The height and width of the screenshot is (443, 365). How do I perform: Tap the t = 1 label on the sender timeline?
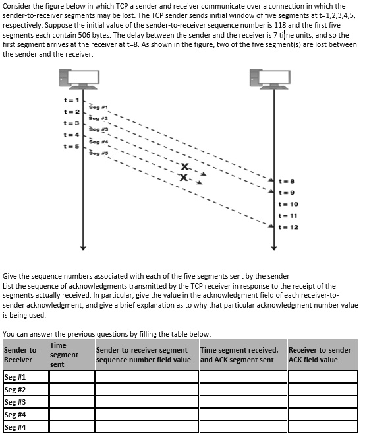click(x=70, y=100)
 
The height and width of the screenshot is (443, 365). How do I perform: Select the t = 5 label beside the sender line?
click(x=70, y=146)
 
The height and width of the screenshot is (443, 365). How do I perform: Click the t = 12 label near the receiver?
click(x=289, y=227)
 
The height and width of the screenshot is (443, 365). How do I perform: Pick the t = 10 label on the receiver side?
click(x=289, y=204)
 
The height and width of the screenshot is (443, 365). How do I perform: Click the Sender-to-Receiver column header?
click(x=21, y=355)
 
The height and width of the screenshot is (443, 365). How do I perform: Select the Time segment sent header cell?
click(x=64, y=355)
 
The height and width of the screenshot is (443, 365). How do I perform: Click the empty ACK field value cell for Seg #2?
click(x=322, y=389)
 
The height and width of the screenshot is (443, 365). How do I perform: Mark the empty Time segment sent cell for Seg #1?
click(x=70, y=376)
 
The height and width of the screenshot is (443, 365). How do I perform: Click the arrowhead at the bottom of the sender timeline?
click(x=82, y=249)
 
